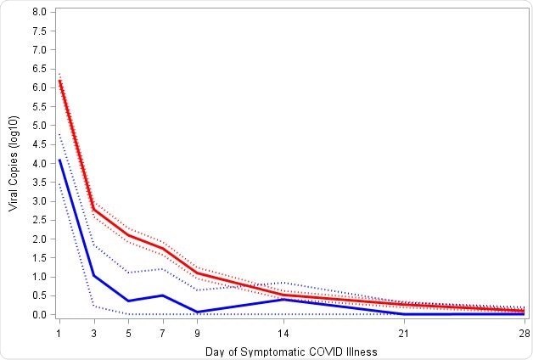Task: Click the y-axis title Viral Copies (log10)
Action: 14,163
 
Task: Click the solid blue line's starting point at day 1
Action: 59,160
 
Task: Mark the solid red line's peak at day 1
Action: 59,81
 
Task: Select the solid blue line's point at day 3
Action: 93,275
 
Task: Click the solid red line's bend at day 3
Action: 93,210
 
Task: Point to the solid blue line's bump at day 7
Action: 162,295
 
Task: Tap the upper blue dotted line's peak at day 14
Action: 283,282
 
